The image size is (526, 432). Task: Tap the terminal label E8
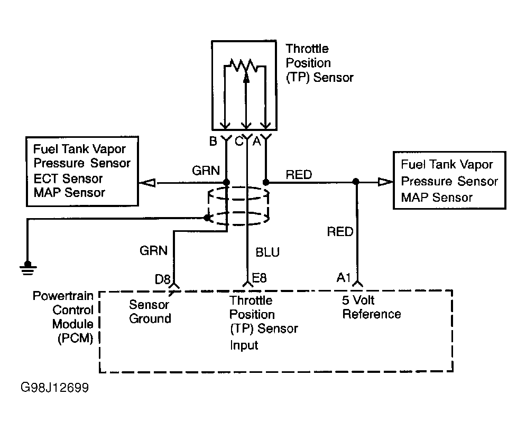(x=259, y=277)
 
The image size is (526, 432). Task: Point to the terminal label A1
(x=344, y=277)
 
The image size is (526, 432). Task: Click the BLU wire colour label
(x=267, y=252)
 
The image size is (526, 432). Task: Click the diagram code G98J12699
(x=54, y=388)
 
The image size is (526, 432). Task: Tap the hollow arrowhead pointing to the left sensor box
(x=147, y=183)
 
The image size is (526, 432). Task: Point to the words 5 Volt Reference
(x=371, y=307)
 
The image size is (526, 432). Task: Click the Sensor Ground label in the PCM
(x=150, y=312)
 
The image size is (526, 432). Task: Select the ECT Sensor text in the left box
(x=68, y=178)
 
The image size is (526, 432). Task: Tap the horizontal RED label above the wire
(x=299, y=174)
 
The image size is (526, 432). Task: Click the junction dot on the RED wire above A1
(x=356, y=182)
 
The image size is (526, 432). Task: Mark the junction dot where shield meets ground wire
(x=207, y=218)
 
